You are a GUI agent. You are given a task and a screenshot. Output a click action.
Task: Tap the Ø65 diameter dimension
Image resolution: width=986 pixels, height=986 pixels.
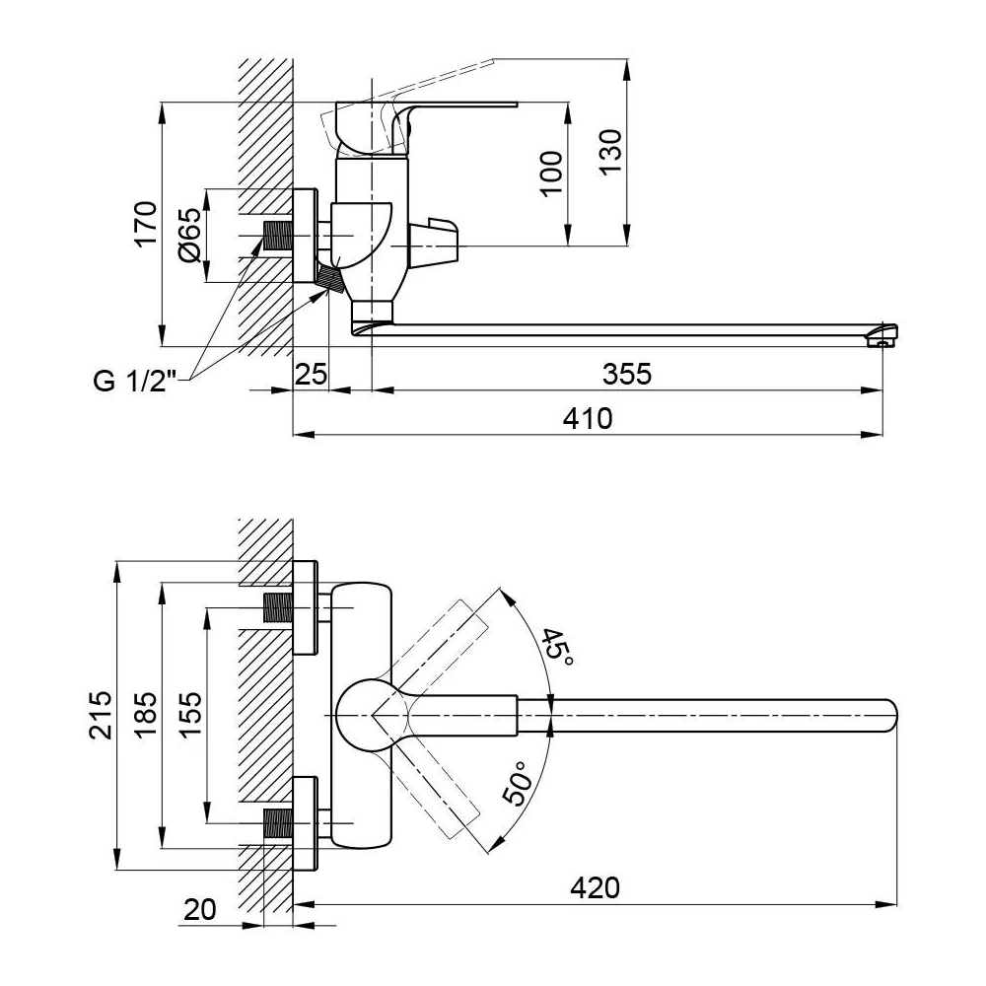190,235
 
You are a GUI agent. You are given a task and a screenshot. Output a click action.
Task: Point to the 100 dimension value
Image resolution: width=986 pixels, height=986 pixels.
551,174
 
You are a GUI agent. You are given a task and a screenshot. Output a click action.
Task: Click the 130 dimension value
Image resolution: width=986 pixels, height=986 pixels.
609,152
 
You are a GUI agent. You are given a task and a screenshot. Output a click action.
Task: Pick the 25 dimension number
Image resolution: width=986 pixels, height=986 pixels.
312,374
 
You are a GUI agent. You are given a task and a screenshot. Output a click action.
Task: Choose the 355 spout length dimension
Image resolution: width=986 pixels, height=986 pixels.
627,374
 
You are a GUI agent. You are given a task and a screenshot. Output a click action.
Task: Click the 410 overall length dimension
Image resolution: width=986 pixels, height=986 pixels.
588,418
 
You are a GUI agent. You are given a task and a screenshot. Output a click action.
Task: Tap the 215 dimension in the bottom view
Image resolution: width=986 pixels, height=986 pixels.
101,715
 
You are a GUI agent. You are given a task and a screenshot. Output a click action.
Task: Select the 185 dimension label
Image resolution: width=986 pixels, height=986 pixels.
145,715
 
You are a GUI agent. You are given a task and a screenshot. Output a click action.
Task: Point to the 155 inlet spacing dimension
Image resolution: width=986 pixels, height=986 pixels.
190,714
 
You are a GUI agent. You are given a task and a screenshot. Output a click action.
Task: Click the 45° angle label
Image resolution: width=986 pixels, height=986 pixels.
556,647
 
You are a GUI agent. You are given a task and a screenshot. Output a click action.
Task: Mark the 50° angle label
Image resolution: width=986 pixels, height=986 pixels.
519,783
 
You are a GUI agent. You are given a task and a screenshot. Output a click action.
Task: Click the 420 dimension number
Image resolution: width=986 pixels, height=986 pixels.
595,888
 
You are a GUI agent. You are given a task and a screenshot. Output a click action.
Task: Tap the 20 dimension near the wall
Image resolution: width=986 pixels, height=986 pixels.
199,909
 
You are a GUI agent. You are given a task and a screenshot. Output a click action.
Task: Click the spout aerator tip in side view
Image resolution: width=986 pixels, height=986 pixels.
882,335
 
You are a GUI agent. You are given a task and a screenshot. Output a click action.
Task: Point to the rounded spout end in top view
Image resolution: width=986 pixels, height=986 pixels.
889,716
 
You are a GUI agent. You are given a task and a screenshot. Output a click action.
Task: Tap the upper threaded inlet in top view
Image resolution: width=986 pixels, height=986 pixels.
277,607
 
